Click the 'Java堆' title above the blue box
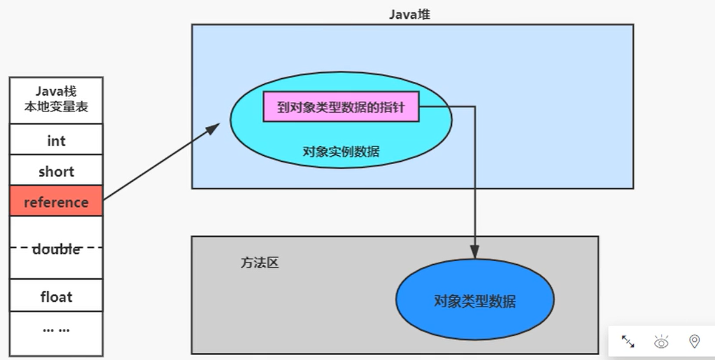click(x=409, y=15)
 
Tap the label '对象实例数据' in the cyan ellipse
click(x=341, y=152)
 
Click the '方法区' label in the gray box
click(x=260, y=264)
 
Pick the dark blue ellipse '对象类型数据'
click(x=475, y=301)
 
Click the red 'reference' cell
click(x=56, y=202)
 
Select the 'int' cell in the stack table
click(x=56, y=141)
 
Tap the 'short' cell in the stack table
click(x=56, y=172)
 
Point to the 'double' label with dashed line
click(x=56, y=248)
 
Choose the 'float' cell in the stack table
click(x=56, y=297)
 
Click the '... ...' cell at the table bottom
click(x=56, y=329)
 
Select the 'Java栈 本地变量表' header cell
click(x=56, y=100)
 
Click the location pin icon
click(x=694, y=342)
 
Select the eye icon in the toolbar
click(x=661, y=342)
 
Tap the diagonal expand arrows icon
click(x=628, y=342)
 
